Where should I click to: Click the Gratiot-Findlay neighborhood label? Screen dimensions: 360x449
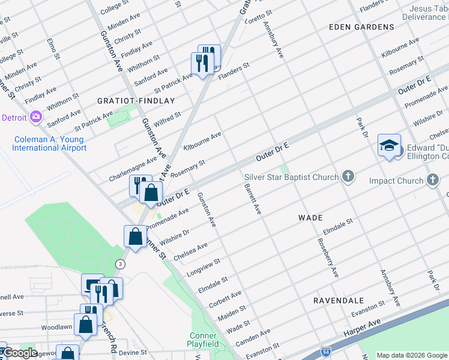click(x=136, y=101)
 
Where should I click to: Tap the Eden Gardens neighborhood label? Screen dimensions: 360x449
click(x=361, y=27)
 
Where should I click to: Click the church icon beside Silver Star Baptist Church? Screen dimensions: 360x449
click(x=347, y=176)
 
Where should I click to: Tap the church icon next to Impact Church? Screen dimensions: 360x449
click(x=433, y=180)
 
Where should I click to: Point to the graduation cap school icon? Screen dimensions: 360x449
click(x=389, y=145)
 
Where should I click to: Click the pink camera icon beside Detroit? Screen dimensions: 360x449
click(x=35, y=116)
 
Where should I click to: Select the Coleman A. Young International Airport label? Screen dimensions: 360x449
click(x=49, y=144)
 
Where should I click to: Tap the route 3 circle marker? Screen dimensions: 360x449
click(x=121, y=263)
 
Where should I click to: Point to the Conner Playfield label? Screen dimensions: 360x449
click(x=203, y=340)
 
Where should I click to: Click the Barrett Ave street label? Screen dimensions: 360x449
click(x=253, y=199)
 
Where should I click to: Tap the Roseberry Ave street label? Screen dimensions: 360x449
click(x=327, y=258)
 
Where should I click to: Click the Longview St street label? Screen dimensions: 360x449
click(x=203, y=266)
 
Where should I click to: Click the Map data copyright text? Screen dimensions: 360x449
click(x=411, y=355)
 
